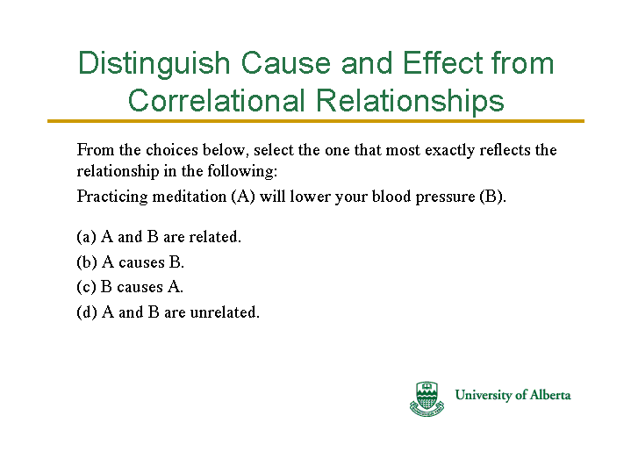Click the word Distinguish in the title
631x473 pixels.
[x=154, y=64]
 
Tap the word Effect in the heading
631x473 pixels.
[x=442, y=63]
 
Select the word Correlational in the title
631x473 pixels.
[x=216, y=100]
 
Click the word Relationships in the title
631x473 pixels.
[x=410, y=102]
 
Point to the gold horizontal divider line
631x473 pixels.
[x=316, y=121]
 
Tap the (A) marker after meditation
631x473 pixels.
[x=243, y=197]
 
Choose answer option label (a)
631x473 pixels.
[x=87, y=237]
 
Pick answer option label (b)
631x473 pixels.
[x=87, y=262]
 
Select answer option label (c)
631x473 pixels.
[x=86, y=287]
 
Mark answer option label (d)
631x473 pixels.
[x=87, y=312]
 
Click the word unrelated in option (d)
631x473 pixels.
[x=225, y=312]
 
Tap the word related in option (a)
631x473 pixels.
[x=215, y=237]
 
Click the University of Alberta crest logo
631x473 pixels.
[x=427, y=398]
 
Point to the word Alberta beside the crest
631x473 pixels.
[x=549, y=395]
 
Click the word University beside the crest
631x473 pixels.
[x=483, y=395]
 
